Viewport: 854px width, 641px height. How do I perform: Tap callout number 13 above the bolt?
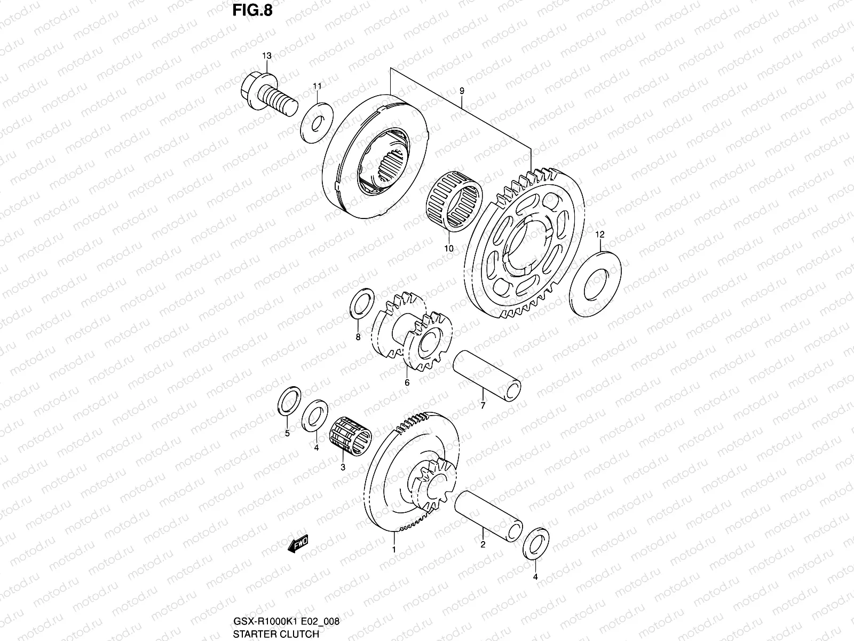click(266, 56)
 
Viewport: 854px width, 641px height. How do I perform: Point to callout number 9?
click(462, 91)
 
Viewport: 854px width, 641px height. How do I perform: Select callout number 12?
click(600, 234)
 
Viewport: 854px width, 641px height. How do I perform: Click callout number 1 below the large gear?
click(394, 549)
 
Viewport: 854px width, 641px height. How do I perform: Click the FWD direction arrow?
click(298, 545)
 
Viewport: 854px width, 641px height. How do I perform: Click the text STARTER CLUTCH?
click(275, 634)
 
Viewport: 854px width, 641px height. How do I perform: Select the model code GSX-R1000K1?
click(262, 621)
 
